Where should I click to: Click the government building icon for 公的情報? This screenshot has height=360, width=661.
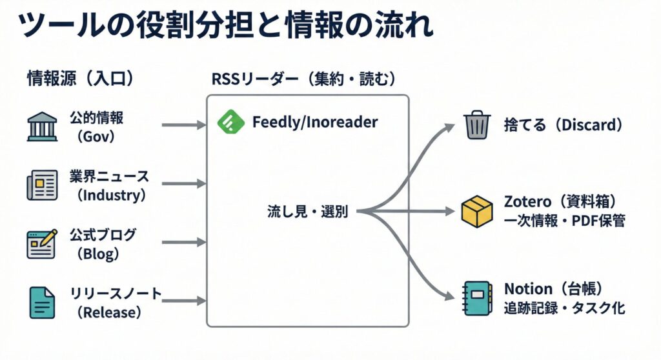(42, 126)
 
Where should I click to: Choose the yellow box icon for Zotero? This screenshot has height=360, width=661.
(478, 212)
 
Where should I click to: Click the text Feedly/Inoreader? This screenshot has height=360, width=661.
(315, 122)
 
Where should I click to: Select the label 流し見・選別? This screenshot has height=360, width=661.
(307, 212)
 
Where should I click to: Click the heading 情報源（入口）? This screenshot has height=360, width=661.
(80, 79)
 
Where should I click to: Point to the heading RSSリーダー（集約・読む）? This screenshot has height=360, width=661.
(303, 79)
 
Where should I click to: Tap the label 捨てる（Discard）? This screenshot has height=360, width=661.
(564, 125)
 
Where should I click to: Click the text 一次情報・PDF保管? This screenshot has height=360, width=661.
(564, 221)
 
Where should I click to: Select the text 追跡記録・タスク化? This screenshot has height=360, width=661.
(564, 308)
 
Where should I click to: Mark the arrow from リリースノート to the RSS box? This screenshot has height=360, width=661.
(183, 301)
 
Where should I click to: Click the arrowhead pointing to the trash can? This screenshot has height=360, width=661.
(450, 126)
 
